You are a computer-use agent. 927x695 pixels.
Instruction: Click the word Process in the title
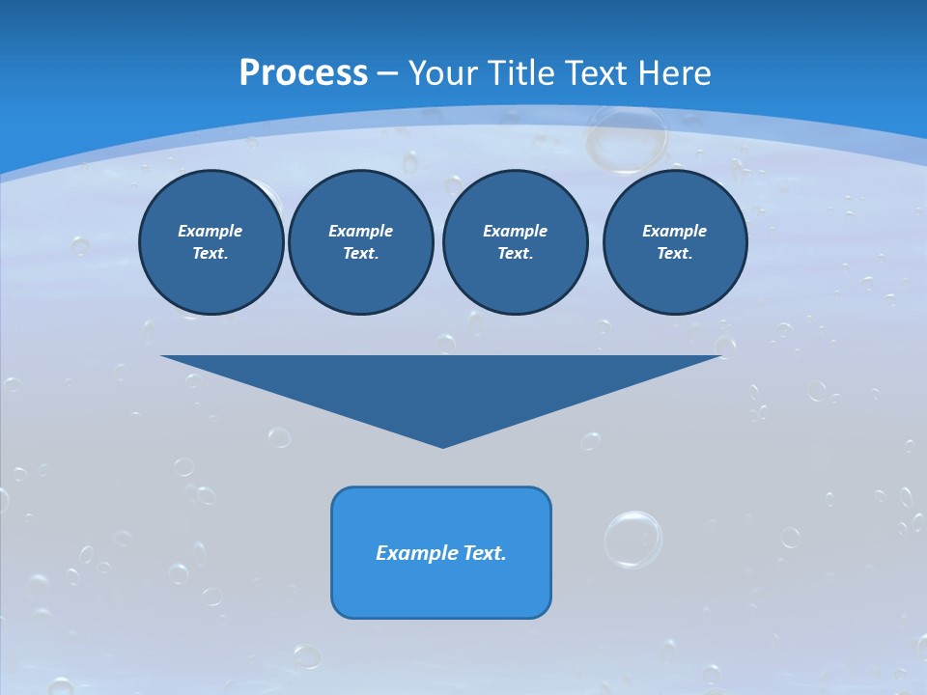303,73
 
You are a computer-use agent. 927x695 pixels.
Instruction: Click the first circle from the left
211,242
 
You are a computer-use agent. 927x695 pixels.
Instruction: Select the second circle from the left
361,242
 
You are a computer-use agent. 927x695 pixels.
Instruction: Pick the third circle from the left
515,242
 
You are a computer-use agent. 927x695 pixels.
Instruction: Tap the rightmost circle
674,242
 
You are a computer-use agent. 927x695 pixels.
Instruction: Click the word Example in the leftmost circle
211,231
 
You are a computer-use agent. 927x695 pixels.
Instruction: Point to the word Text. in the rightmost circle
674,254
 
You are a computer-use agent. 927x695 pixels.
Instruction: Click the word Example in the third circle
515,231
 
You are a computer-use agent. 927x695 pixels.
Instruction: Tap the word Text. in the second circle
361,254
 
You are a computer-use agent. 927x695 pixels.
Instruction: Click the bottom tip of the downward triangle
442,445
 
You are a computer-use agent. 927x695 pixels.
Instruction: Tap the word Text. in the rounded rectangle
485,553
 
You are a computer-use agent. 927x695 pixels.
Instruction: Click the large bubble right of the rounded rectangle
633,539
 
